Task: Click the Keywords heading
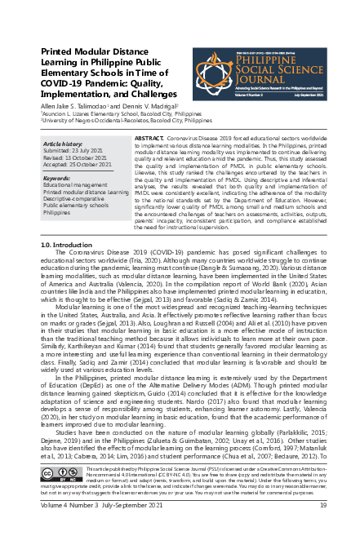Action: tap(59, 178)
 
